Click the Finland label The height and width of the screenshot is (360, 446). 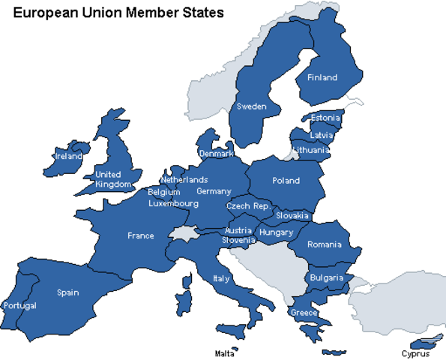pos(322,77)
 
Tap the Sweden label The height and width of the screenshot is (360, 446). pos(252,106)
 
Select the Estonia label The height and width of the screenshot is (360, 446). pos(325,118)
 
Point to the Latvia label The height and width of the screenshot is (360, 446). pos(322,135)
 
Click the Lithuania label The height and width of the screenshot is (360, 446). pos(311,150)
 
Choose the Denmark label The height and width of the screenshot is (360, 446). pos(216,154)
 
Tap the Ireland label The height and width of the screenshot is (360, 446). pos(69,157)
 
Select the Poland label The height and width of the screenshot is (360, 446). pos(286,180)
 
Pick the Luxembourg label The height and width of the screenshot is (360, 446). pos(173,203)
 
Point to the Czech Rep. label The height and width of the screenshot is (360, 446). pos(248,205)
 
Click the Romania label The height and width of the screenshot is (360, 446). pos(324,244)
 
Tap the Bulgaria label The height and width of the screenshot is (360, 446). pos(327,278)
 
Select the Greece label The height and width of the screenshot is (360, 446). pos(304,313)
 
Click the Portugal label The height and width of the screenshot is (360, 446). pos(19,306)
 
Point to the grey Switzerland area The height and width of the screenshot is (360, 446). pos(184,232)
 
